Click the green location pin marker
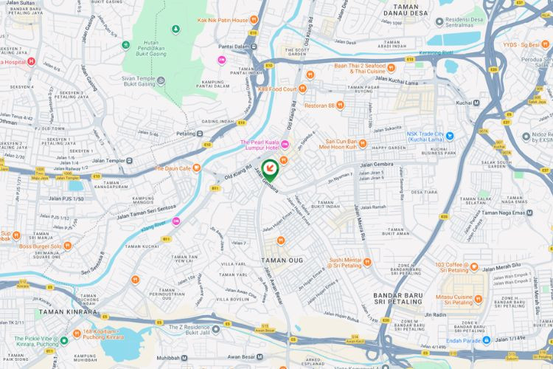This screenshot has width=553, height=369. click(271, 170)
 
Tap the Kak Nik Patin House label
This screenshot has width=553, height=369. click(222, 20)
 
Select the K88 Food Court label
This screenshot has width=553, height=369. click(276, 89)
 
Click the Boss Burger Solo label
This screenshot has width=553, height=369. click(41, 246)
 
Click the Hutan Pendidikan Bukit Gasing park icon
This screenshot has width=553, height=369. click(175, 30)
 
